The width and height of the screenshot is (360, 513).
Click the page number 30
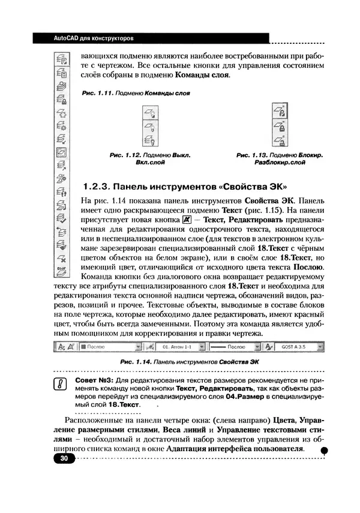click(63, 459)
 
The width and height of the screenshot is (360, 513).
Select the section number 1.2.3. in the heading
click(95, 185)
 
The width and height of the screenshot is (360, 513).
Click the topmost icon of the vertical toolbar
click(62, 59)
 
